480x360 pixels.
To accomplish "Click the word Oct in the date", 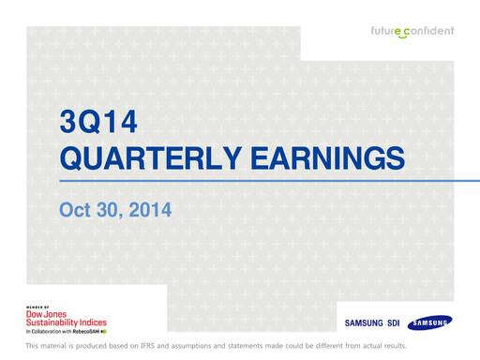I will point(75,211).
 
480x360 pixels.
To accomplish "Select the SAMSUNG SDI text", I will point(372,323).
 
